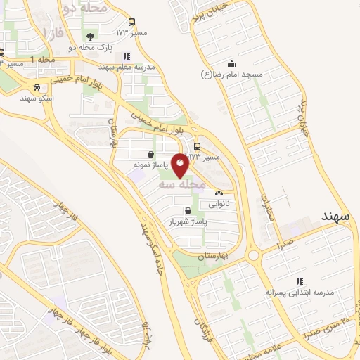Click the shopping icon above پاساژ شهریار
187,210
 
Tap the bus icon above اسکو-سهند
35,89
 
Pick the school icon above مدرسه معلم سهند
126,56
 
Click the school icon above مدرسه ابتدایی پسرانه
300,281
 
